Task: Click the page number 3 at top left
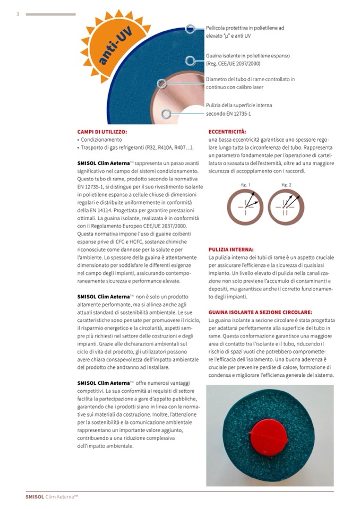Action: pyautogui.click(x=18, y=14)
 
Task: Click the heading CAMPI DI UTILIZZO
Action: pyautogui.click(x=102, y=132)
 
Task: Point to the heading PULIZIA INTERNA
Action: pyautogui.click(x=231, y=249)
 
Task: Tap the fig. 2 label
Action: pyautogui.click(x=287, y=185)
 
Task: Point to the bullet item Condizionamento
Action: pyautogui.click(x=101, y=139)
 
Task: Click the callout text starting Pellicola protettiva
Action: pyautogui.click(x=245, y=31)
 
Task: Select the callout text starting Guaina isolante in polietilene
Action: pyautogui.click(x=247, y=59)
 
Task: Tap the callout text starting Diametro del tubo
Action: pyautogui.click(x=250, y=83)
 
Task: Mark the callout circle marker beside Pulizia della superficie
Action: pyautogui.click(x=167, y=113)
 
